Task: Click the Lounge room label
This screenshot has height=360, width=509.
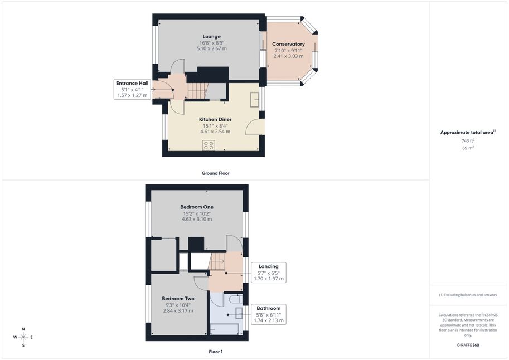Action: coord(212,37)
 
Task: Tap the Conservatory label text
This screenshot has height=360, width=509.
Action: coord(288,44)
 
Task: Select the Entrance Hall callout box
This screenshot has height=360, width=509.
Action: coord(132,89)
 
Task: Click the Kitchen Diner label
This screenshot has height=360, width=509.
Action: coord(215,119)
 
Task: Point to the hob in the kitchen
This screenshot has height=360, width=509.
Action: coord(209,145)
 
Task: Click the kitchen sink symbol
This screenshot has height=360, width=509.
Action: coord(254,99)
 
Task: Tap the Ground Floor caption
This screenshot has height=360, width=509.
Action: coord(216,173)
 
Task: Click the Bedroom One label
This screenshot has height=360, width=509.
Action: coord(197,207)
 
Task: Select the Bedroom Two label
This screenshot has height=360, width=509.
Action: coord(178,298)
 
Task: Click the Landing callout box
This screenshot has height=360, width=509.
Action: coord(269,273)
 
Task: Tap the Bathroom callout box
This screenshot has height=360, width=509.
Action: coord(269,314)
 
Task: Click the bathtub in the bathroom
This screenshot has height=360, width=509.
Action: coord(225,329)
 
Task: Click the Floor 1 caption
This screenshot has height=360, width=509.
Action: coord(216,352)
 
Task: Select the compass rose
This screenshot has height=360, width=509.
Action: coord(23,337)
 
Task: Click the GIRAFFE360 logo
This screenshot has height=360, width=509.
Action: coord(468,345)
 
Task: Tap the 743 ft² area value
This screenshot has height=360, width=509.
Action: coord(468,141)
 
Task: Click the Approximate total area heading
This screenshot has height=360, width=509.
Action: coord(468,132)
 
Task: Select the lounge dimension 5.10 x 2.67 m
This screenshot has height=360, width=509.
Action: coord(212,48)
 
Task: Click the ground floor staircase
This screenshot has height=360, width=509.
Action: coord(197,91)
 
